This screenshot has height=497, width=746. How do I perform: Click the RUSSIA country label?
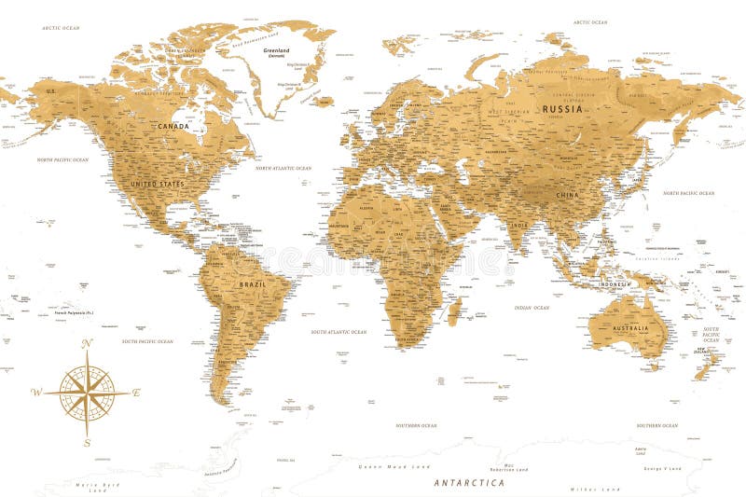562,109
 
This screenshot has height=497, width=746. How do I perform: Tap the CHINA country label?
567,195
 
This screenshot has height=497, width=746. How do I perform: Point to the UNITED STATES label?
157,185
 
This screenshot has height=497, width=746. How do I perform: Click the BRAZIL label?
253,284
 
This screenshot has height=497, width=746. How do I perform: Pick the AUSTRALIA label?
630,328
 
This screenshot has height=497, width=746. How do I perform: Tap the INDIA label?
518,225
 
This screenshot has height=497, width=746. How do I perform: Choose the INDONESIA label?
615,283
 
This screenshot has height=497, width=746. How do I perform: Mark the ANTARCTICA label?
469,483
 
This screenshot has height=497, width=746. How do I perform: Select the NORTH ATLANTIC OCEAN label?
283,168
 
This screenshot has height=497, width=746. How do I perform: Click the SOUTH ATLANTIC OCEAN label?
338,331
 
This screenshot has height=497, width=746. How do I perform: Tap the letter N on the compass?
87,344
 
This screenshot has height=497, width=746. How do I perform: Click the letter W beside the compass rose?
35,393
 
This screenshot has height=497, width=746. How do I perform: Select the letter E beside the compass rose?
136,393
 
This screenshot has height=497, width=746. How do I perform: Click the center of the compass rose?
87,393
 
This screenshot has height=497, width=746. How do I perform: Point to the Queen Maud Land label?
396,465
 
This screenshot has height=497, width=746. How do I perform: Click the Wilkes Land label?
597,488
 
